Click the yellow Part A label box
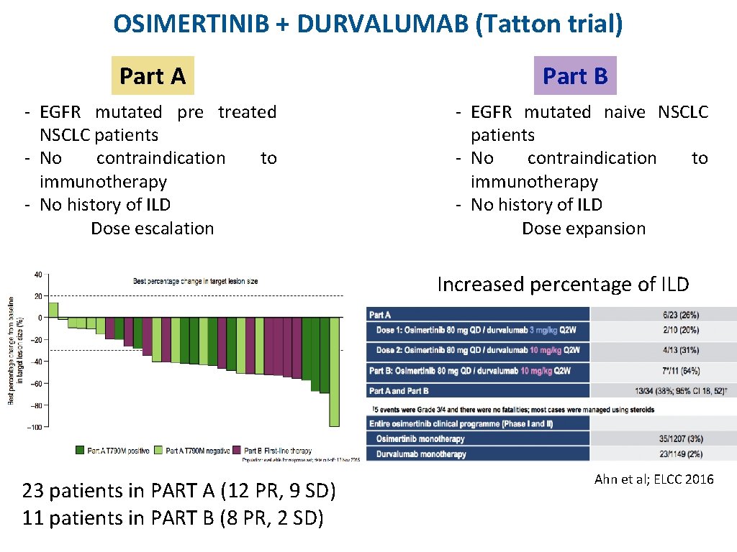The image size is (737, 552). pos(153,76)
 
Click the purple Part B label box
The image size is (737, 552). pos(575,76)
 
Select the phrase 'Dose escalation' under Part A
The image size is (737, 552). pos(152,229)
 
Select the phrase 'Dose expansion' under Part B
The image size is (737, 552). pos(583,229)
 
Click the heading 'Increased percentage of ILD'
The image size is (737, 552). pos(563,285)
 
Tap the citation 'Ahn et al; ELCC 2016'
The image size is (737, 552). pos(654,479)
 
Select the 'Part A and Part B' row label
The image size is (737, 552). pos(399,391)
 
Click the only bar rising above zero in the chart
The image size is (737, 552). pos(53,310)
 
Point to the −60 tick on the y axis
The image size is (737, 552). pos(37,383)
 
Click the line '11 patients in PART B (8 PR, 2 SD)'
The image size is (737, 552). pos(173,517)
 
